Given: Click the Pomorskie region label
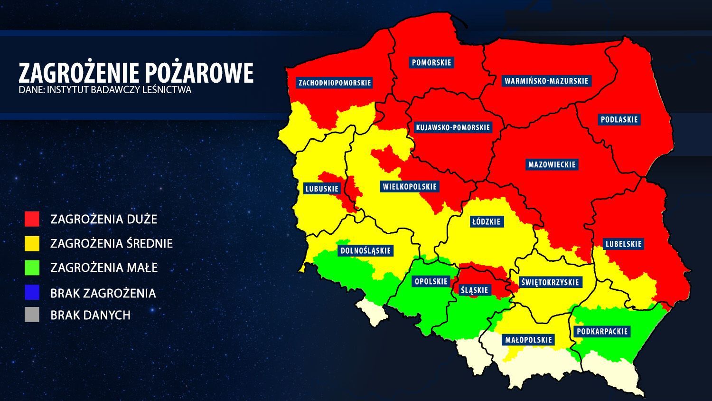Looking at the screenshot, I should pos(431,63).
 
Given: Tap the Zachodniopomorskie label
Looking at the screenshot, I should pos(334,83).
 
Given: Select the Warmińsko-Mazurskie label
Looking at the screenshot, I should pos(546,81).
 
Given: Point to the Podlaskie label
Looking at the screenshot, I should pos(619,120).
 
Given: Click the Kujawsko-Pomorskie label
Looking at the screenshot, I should pos(453,127).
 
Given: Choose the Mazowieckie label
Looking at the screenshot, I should pos(552,165).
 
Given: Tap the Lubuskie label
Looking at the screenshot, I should pos(322,189).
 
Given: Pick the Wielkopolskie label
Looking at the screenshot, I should pos(410,187).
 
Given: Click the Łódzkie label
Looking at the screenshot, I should pos(486,221).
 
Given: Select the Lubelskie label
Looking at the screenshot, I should pos(623,244).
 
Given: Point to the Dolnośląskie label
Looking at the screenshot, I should pos(365,251).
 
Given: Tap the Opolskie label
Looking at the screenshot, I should pos(431,282).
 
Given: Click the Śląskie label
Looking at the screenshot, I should pos(474,290).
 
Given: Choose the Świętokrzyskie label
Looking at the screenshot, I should pos(550,282).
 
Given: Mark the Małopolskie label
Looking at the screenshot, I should pos(528,340).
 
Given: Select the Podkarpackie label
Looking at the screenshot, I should pos(602,332).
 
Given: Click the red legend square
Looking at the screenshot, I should pos(32,219).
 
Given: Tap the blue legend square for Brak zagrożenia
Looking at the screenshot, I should pos(32,293).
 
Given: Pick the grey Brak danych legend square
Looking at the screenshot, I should pos(32,315).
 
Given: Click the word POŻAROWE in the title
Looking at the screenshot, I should pos(199,73).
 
